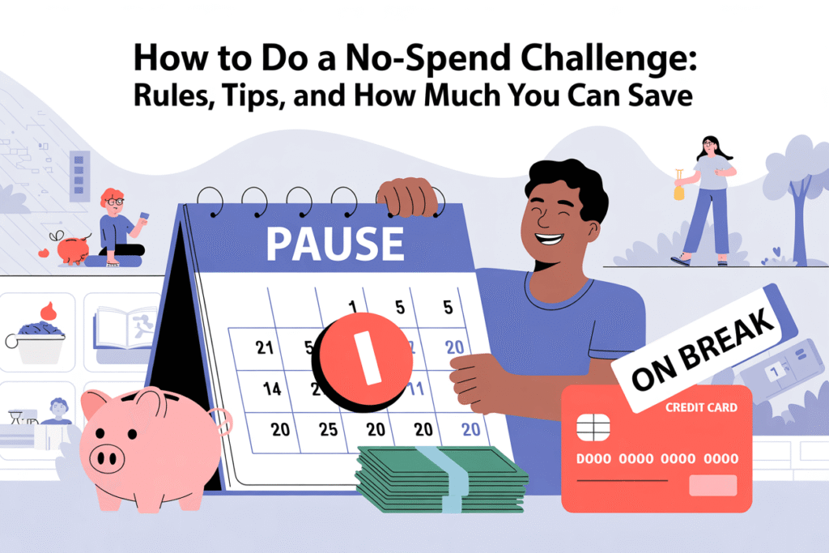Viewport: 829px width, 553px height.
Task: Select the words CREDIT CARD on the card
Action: [x=701, y=407]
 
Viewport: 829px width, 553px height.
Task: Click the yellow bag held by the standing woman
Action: [x=678, y=190]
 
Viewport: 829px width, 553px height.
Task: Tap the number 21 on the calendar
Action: [x=264, y=348]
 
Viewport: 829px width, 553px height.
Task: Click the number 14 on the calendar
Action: [x=272, y=389]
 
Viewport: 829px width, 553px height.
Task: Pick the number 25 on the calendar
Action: [x=327, y=429]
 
